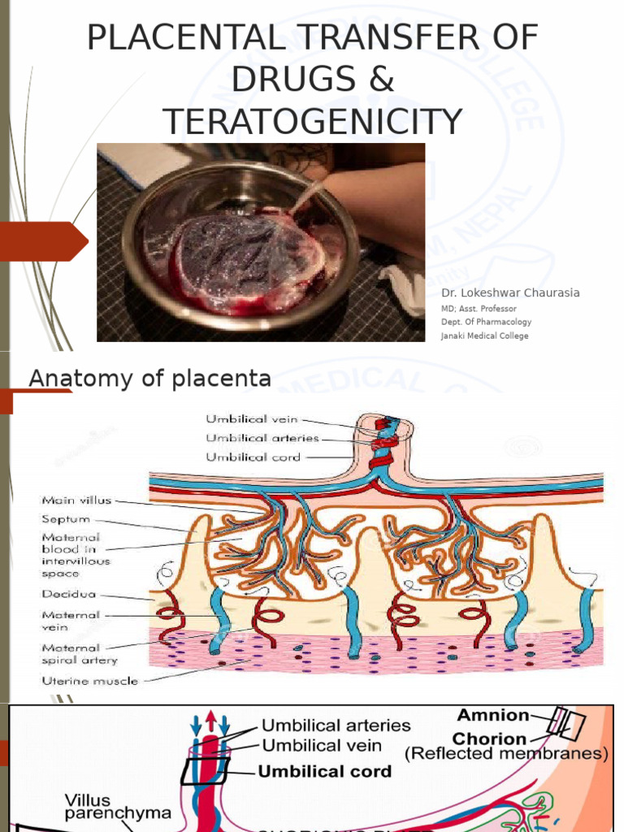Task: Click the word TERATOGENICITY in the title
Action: click(x=313, y=121)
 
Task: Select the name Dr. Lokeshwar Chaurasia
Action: click(x=510, y=292)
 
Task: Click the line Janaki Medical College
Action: click(x=484, y=336)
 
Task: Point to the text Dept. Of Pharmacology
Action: click(x=486, y=322)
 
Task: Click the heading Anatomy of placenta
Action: click(x=149, y=378)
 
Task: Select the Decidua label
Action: click(x=67, y=595)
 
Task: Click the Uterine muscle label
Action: click(x=90, y=680)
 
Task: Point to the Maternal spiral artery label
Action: click(x=71, y=654)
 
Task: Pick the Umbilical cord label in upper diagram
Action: click(x=253, y=457)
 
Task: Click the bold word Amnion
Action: click(x=492, y=715)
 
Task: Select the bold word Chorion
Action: click(x=489, y=739)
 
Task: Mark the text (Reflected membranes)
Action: click(x=506, y=754)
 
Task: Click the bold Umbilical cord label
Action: click(x=324, y=771)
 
